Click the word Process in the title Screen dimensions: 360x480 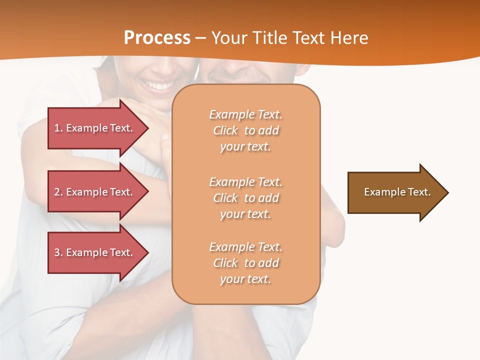(157, 38)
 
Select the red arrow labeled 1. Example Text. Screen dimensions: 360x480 (95, 128)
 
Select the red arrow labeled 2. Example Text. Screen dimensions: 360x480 (95, 192)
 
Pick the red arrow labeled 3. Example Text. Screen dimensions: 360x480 (95, 252)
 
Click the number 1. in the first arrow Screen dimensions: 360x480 (58, 128)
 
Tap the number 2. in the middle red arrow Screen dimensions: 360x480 (58, 192)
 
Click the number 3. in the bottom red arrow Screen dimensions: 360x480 (58, 252)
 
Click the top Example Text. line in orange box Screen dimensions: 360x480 (245, 114)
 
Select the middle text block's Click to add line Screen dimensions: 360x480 (245, 198)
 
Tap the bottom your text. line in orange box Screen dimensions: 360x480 (245, 279)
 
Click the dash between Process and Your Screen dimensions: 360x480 (201, 38)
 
